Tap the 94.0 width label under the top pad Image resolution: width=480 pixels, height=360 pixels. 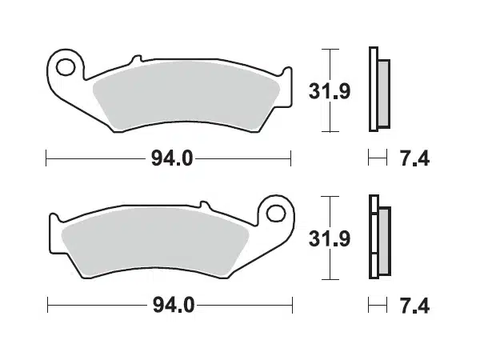pos(170,158)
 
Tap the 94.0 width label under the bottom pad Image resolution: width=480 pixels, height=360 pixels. pos(170,305)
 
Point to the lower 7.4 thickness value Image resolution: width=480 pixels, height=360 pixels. pos(414,305)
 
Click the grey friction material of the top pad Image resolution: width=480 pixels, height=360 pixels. pos(184,96)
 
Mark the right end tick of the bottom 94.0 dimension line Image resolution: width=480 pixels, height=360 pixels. pos(290,304)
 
